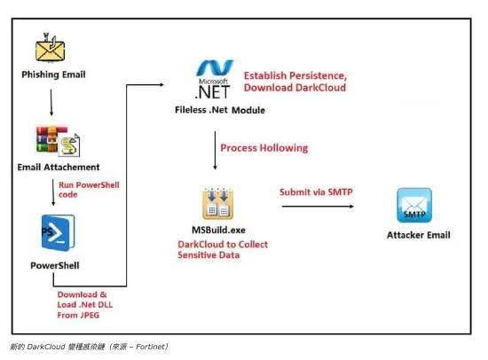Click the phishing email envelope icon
(50, 48)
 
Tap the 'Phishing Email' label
(53, 74)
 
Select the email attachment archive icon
(58, 141)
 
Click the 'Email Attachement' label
(59, 167)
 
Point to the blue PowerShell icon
(59, 232)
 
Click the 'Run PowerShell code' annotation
(89, 190)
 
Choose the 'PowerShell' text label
(55, 265)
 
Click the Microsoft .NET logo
(215, 79)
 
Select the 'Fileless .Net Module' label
(220, 110)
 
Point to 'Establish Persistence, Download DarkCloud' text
(295, 82)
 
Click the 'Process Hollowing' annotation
(264, 148)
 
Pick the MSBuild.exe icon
(218, 203)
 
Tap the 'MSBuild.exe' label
(218, 230)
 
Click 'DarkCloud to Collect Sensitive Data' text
(223, 249)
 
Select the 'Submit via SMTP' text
(316, 192)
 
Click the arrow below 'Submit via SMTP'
(318, 206)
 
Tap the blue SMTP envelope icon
(414, 206)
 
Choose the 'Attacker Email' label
(419, 235)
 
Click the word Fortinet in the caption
(150, 347)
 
